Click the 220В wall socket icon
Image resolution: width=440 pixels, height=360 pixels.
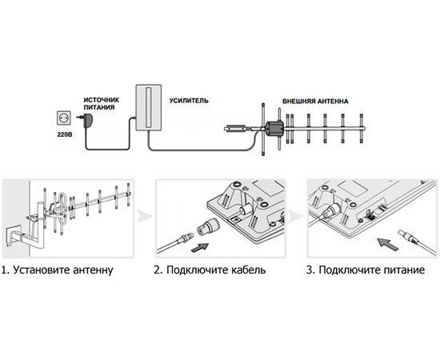pos(64,118)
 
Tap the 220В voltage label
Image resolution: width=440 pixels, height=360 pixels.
pos(65,134)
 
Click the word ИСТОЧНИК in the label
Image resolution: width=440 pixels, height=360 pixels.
pos(102,100)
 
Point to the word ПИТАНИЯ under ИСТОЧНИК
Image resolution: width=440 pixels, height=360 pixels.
pos(99,107)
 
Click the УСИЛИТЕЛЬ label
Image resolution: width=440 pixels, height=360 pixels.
pos(189,101)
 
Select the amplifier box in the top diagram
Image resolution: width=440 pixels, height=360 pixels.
pos(149,107)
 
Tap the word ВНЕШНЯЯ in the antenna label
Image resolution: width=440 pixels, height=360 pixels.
pos(298,102)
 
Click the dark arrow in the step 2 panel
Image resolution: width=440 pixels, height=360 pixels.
pos(199,247)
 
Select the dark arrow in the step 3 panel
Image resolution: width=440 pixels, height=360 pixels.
pos(387,243)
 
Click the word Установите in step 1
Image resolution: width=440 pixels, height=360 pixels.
pos(41,270)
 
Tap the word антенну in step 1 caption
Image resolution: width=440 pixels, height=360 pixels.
pos(93,270)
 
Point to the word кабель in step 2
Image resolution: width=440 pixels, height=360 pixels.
pos(248,270)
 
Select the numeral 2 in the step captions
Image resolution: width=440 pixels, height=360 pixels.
pos(157,270)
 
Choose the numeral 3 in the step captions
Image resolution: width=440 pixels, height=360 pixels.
pos(310,270)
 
